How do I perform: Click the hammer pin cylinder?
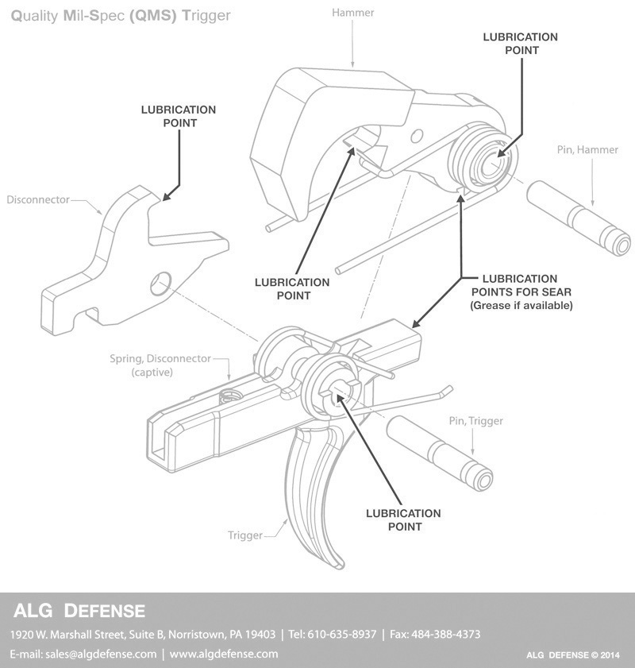click(579, 218)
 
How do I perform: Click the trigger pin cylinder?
click(440, 454)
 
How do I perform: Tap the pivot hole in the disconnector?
click(160, 284)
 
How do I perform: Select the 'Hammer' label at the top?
click(353, 13)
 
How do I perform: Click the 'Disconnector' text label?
click(38, 199)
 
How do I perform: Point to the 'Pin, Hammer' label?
click(587, 149)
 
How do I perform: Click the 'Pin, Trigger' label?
click(475, 421)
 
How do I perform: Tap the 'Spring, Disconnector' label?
click(160, 358)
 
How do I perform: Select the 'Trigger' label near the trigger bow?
click(244, 535)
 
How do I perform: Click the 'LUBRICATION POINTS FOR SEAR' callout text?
click(521, 285)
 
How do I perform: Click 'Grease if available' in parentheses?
click(521, 306)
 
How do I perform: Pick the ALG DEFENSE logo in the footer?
click(79, 611)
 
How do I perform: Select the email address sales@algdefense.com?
click(101, 654)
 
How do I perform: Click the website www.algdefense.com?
click(224, 654)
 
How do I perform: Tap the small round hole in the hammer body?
click(417, 137)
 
